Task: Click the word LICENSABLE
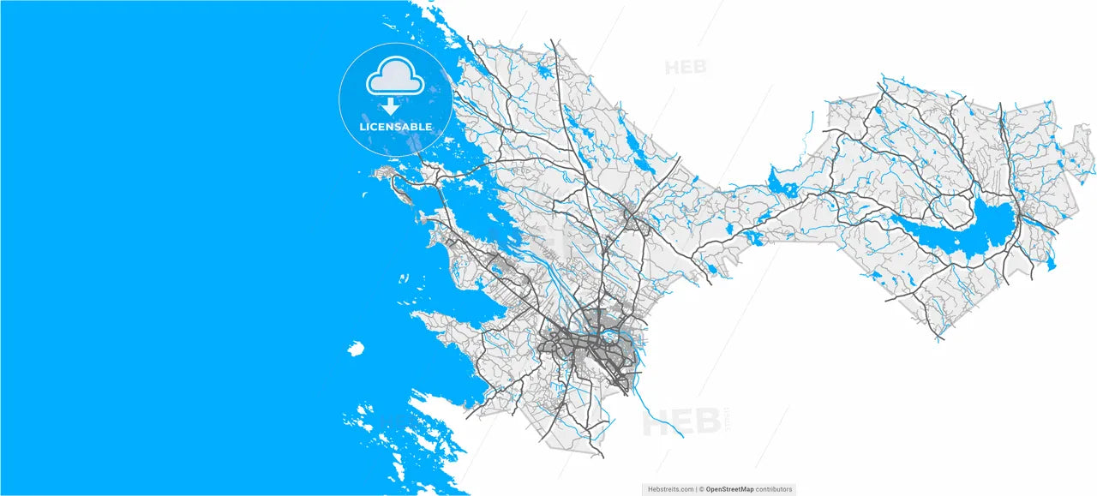[x=395, y=127]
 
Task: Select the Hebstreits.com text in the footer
[x=670, y=489]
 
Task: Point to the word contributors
[x=774, y=489]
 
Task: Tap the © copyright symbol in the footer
[x=701, y=489]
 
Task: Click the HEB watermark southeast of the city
[x=681, y=421]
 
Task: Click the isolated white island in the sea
[x=355, y=348]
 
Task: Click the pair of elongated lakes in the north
[x=635, y=149]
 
